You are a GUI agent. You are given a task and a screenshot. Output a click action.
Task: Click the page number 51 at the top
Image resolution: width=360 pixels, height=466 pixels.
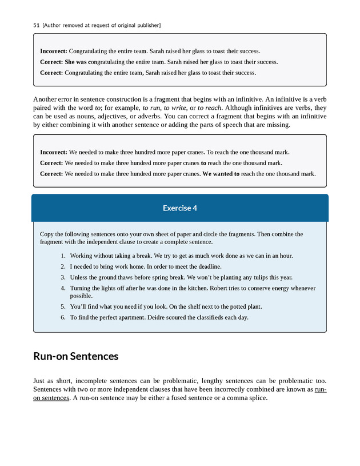(x=36, y=25)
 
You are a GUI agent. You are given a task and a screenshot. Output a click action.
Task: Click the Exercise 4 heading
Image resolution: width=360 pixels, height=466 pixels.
(x=179, y=208)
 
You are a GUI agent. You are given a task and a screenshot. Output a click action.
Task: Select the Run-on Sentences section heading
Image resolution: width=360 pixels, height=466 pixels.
(x=75, y=356)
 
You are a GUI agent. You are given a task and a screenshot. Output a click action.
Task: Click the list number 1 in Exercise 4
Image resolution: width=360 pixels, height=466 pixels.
(x=63, y=256)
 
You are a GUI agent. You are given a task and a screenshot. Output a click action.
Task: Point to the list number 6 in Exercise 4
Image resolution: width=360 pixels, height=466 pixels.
(x=63, y=317)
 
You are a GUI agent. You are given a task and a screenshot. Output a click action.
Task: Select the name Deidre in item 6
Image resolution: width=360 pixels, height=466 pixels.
(x=163, y=317)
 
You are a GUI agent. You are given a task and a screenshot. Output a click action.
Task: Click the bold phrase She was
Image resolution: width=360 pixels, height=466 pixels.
(x=76, y=62)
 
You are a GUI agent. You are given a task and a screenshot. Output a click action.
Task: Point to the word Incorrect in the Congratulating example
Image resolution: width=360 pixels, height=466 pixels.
(x=54, y=51)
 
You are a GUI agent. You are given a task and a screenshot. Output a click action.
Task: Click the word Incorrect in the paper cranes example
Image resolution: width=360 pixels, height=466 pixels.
(x=54, y=152)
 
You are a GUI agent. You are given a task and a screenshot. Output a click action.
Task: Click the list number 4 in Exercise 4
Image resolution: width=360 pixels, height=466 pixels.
(x=63, y=288)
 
